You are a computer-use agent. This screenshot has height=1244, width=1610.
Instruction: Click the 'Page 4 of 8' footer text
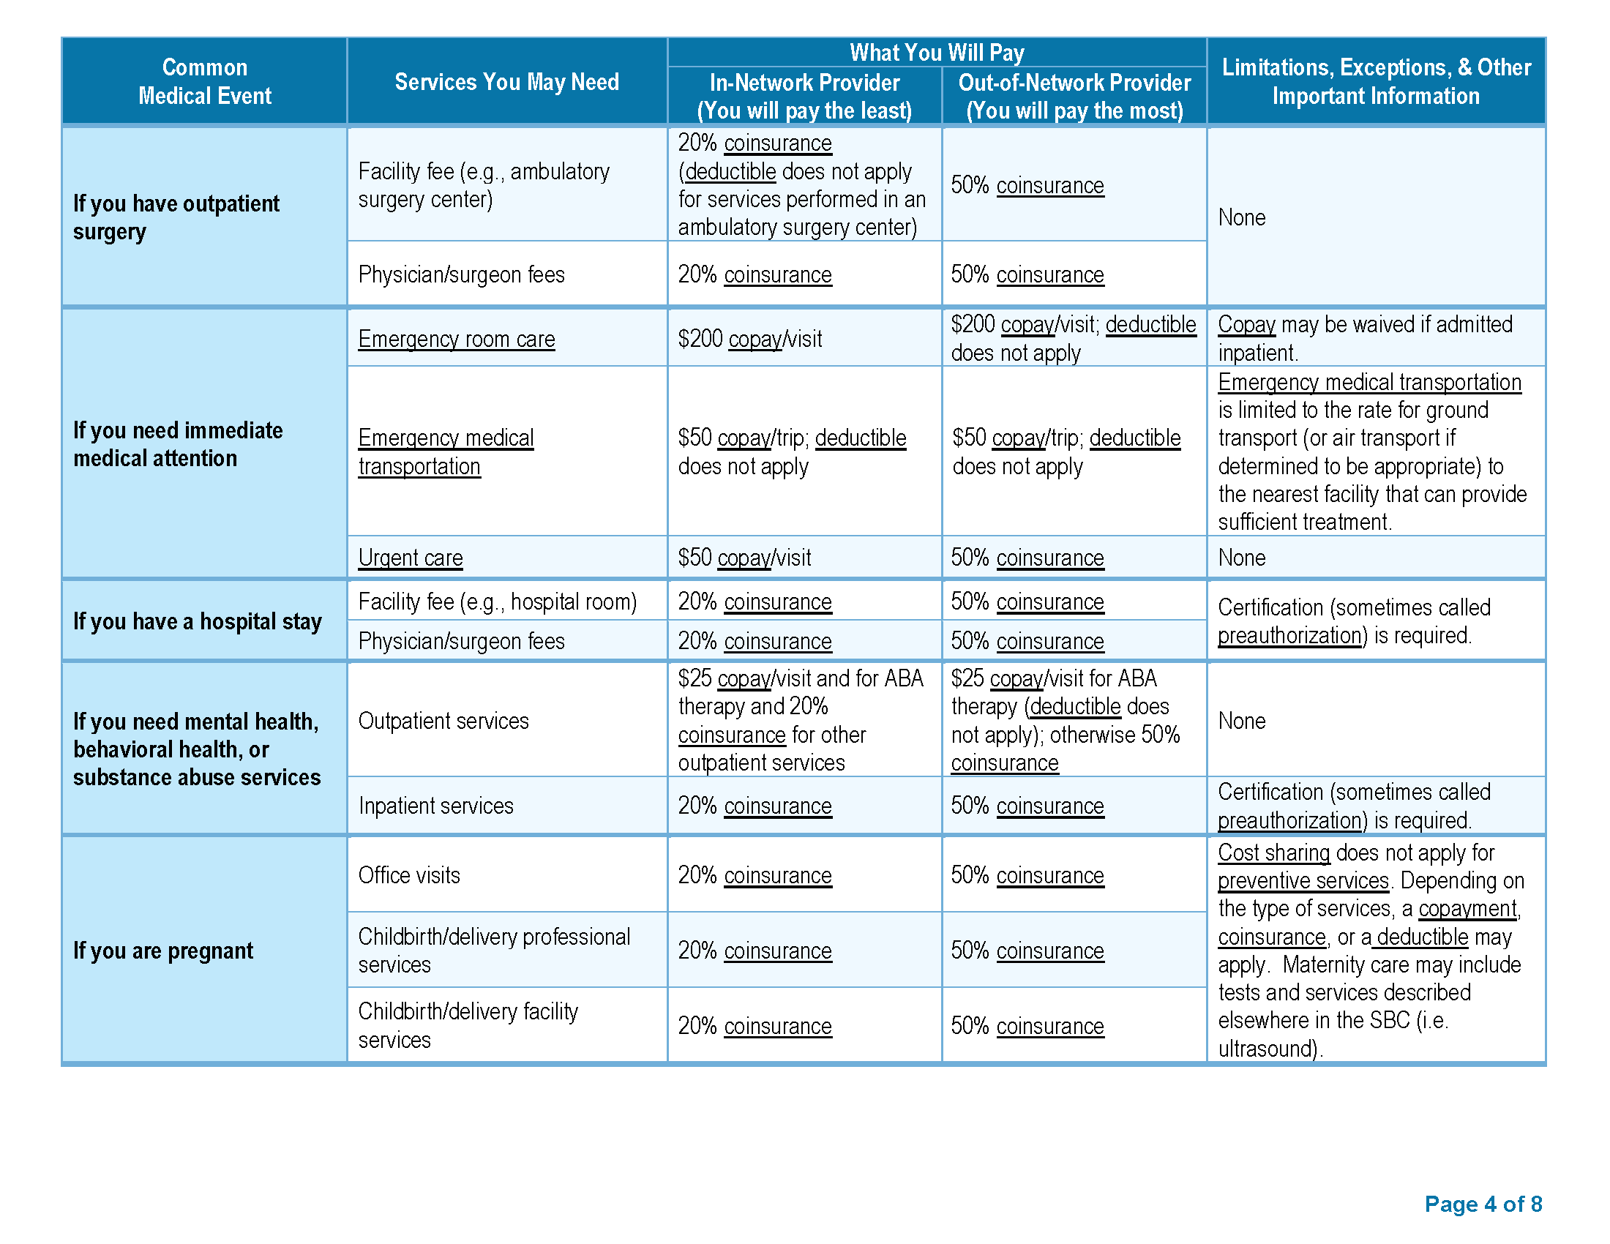1483,1204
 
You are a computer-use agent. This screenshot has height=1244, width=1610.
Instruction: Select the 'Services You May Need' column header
506,82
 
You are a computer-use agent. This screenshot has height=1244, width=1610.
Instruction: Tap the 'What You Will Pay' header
936,53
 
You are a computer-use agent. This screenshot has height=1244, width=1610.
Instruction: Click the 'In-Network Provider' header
804,83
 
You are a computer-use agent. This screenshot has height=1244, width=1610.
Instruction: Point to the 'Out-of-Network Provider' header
1074,83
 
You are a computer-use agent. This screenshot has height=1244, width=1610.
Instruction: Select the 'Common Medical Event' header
205,82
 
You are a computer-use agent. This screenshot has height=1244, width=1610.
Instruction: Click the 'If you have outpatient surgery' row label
176,217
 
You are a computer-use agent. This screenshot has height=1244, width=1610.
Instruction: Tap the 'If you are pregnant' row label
163,951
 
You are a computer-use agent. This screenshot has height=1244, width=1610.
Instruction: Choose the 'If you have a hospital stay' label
198,621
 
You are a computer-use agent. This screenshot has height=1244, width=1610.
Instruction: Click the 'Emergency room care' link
457,339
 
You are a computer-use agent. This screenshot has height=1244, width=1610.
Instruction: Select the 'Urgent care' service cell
411,558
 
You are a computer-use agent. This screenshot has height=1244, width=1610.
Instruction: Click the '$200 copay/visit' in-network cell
749,339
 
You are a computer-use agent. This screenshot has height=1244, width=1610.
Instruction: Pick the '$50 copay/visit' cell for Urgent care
744,558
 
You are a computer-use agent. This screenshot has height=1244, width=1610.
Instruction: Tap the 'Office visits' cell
409,875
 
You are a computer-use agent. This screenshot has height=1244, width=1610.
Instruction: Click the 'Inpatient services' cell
435,806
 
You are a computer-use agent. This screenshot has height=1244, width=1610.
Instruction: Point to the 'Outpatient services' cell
443,721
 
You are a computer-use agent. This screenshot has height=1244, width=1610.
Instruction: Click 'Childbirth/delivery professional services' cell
494,951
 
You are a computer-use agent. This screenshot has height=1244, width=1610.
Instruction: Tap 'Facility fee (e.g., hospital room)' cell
498,602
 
